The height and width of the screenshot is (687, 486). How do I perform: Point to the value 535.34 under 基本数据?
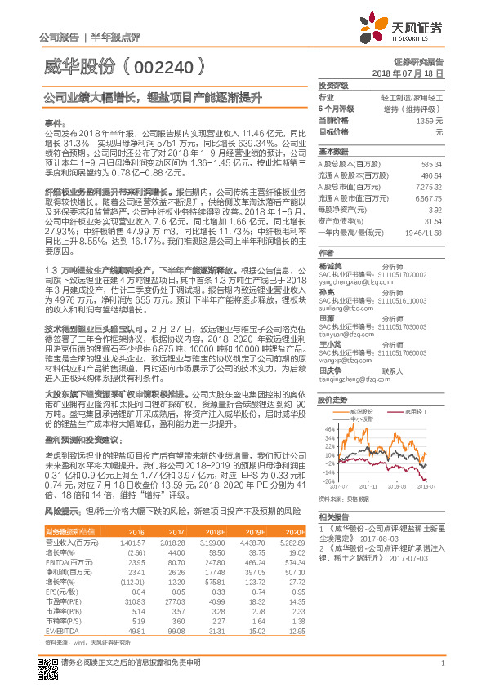(x=432, y=164)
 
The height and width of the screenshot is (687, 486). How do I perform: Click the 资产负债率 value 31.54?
(x=434, y=219)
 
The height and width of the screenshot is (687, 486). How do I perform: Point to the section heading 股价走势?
(x=332, y=400)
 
